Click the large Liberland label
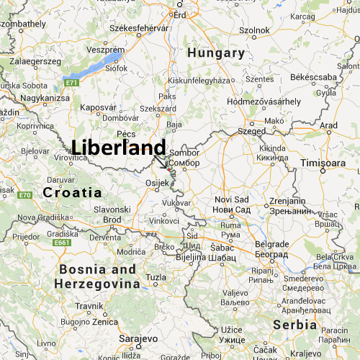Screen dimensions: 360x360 coord(119,148)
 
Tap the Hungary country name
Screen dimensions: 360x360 coord(215,53)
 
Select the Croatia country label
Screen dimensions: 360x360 coord(72,192)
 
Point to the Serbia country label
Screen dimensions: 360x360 coord(295,325)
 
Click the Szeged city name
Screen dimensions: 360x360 coord(252,131)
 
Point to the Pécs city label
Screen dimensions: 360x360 coord(126,134)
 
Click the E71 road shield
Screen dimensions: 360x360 coord(71,83)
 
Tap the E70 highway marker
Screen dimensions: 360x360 coord(24,194)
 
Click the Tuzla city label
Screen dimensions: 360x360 coord(156,277)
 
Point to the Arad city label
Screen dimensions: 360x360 coord(328,125)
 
